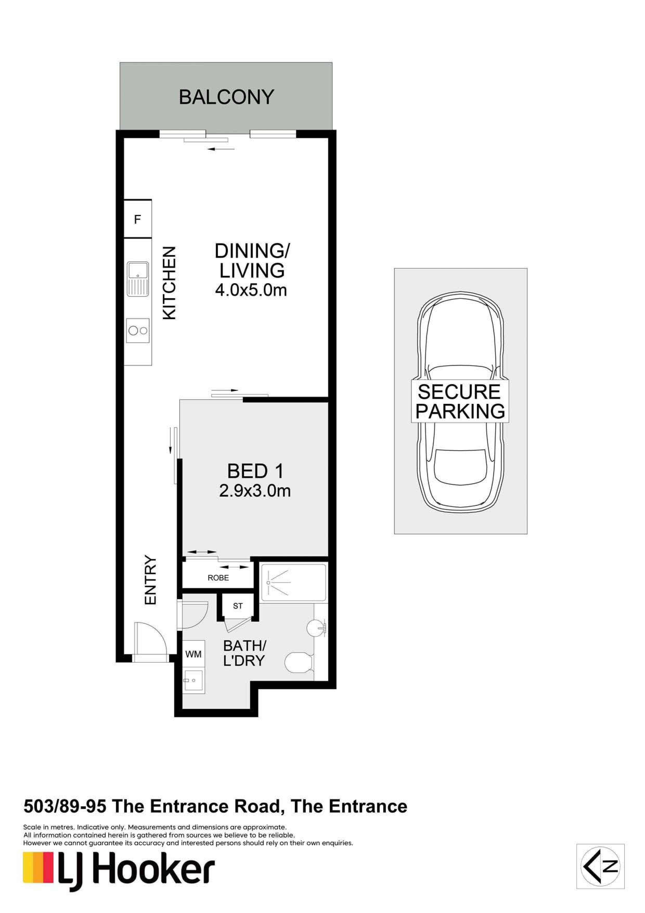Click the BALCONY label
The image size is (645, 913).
(x=227, y=97)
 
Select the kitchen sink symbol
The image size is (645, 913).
(x=138, y=279)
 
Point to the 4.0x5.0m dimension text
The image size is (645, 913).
(x=251, y=290)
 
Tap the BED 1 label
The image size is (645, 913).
(x=255, y=472)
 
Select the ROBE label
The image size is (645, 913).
(x=218, y=578)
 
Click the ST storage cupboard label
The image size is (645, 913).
(x=238, y=606)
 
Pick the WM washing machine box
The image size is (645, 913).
(x=193, y=654)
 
